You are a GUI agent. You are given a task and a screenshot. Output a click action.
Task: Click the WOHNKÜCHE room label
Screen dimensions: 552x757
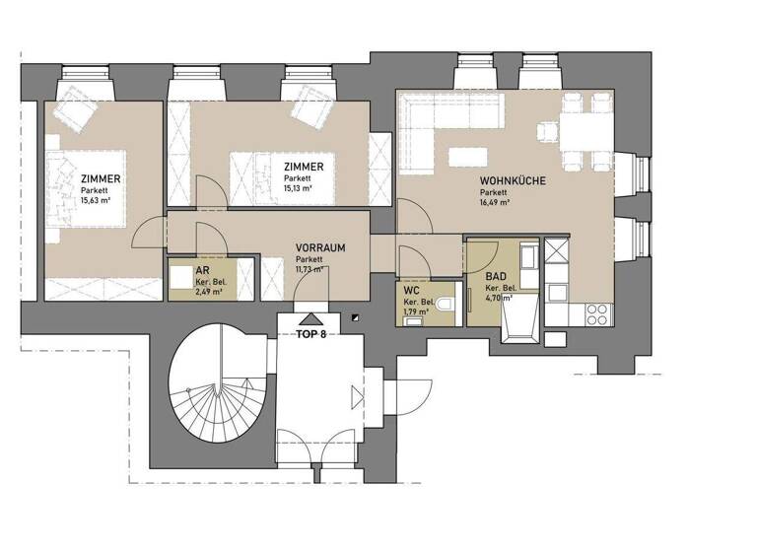[512, 180]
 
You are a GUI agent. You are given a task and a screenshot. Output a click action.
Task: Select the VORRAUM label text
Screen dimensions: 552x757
[320, 248]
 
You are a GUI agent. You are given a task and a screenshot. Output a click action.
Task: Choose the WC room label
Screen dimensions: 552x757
[413, 291]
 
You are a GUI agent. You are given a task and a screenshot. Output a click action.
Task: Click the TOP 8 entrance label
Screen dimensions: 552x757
[310, 334]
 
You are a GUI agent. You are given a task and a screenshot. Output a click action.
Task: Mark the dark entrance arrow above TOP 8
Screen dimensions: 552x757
[311, 318]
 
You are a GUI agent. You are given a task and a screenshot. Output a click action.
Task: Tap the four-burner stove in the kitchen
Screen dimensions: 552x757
[597, 313]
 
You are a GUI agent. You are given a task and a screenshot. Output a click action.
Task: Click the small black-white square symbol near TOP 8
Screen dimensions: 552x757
[353, 317]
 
